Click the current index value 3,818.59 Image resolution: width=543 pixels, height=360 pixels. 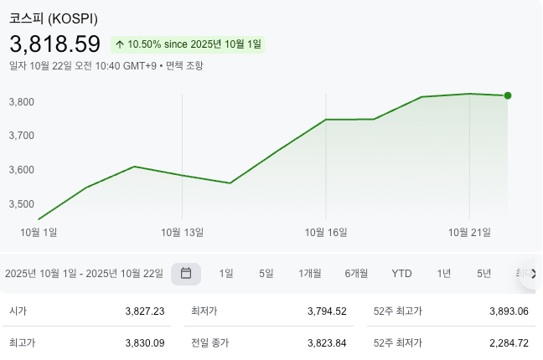(54, 44)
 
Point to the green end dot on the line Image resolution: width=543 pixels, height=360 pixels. (508, 95)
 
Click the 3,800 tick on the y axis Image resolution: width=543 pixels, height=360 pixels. (21, 102)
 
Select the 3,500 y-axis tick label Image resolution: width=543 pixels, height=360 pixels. (21, 204)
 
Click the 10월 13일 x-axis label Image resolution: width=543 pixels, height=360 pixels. (183, 232)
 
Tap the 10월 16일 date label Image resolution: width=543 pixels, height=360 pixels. (326, 232)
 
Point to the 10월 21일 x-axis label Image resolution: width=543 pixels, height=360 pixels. (469, 232)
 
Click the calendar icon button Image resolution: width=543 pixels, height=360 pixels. (186, 274)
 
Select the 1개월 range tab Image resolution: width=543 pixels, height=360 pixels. (310, 274)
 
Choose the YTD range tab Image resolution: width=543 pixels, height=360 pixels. (401, 274)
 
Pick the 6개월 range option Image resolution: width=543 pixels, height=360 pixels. (356, 274)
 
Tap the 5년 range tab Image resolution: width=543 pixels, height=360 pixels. (484, 274)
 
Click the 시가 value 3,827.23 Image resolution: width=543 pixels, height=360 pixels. (144, 311)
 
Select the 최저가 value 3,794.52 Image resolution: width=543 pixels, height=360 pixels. (327, 311)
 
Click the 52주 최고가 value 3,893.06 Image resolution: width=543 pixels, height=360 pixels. (509, 311)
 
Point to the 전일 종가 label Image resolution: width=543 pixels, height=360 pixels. (209, 342)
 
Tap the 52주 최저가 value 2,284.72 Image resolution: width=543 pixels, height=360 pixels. (509, 342)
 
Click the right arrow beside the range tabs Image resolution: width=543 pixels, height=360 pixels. (533, 274)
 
